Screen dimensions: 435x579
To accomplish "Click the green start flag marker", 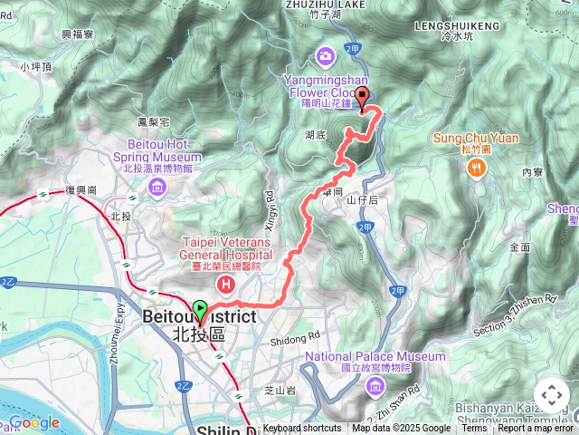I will click(200, 310).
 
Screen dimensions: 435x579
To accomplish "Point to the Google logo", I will click(34, 423).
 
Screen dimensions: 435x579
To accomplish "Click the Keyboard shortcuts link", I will click(302, 429).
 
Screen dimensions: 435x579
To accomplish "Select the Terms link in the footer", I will click(474, 429).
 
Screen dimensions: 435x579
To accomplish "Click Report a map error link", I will click(536, 429).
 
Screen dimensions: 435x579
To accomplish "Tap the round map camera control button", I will click(551, 395).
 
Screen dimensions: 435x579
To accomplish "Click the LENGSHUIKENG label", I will click(457, 27).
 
